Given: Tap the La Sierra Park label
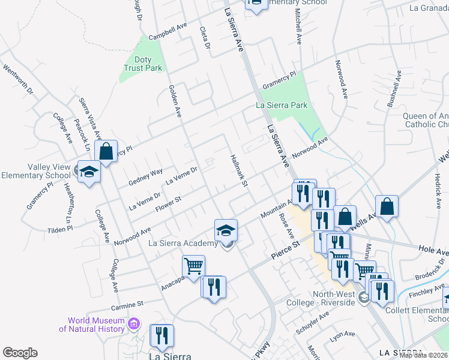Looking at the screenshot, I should (x=282, y=105).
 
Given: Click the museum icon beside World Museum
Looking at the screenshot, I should (x=134, y=325).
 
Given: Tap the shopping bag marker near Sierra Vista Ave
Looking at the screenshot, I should (x=106, y=152).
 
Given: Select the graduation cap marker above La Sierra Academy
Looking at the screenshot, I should (x=226, y=230).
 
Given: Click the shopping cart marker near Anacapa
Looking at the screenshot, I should (x=193, y=266).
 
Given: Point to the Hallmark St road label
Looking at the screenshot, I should (x=239, y=170).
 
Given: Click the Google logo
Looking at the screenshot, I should (x=20, y=353).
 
